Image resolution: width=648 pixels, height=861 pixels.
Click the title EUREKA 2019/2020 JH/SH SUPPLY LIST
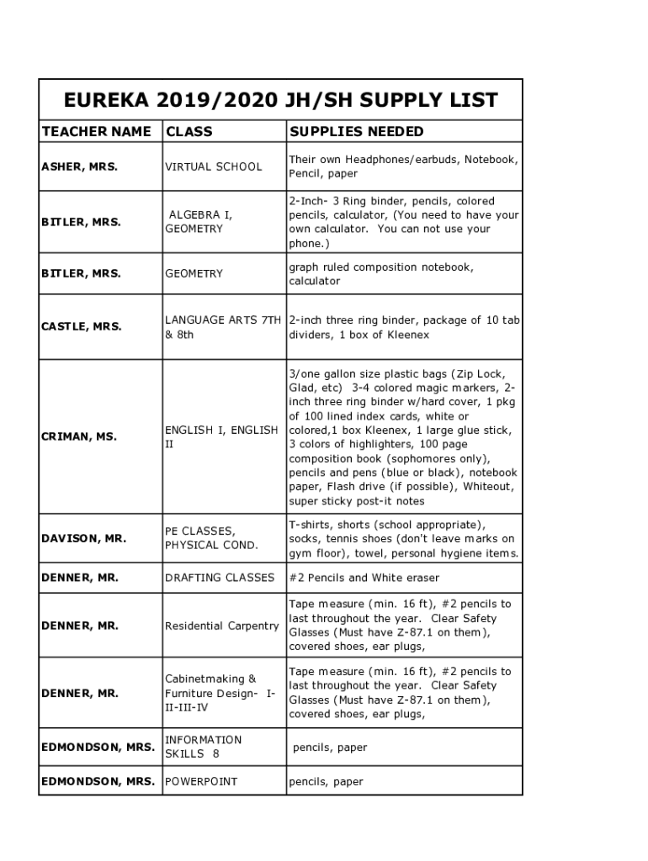(281, 101)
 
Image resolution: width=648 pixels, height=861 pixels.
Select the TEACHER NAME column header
(96, 131)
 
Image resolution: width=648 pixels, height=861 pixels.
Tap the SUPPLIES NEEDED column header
(357, 131)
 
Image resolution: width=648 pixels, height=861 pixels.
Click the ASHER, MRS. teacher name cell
(80, 166)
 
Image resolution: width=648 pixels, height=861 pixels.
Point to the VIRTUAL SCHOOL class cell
(214, 166)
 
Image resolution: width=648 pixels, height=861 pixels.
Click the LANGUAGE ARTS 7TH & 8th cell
(223, 327)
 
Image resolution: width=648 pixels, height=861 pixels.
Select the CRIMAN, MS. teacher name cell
(79, 436)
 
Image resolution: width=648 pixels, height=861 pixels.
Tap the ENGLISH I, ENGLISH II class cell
(221, 436)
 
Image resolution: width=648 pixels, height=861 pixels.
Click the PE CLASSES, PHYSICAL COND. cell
(211, 538)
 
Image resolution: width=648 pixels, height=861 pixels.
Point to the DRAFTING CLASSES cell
(220, 578)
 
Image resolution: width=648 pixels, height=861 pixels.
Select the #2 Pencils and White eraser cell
(364, 578)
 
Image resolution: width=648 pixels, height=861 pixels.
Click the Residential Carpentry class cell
(221, 626)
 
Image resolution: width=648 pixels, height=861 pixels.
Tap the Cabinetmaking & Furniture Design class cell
(220, 693)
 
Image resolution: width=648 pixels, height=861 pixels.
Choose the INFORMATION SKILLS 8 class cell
(204, 747)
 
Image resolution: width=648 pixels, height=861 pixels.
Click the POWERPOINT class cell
(201, 781)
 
